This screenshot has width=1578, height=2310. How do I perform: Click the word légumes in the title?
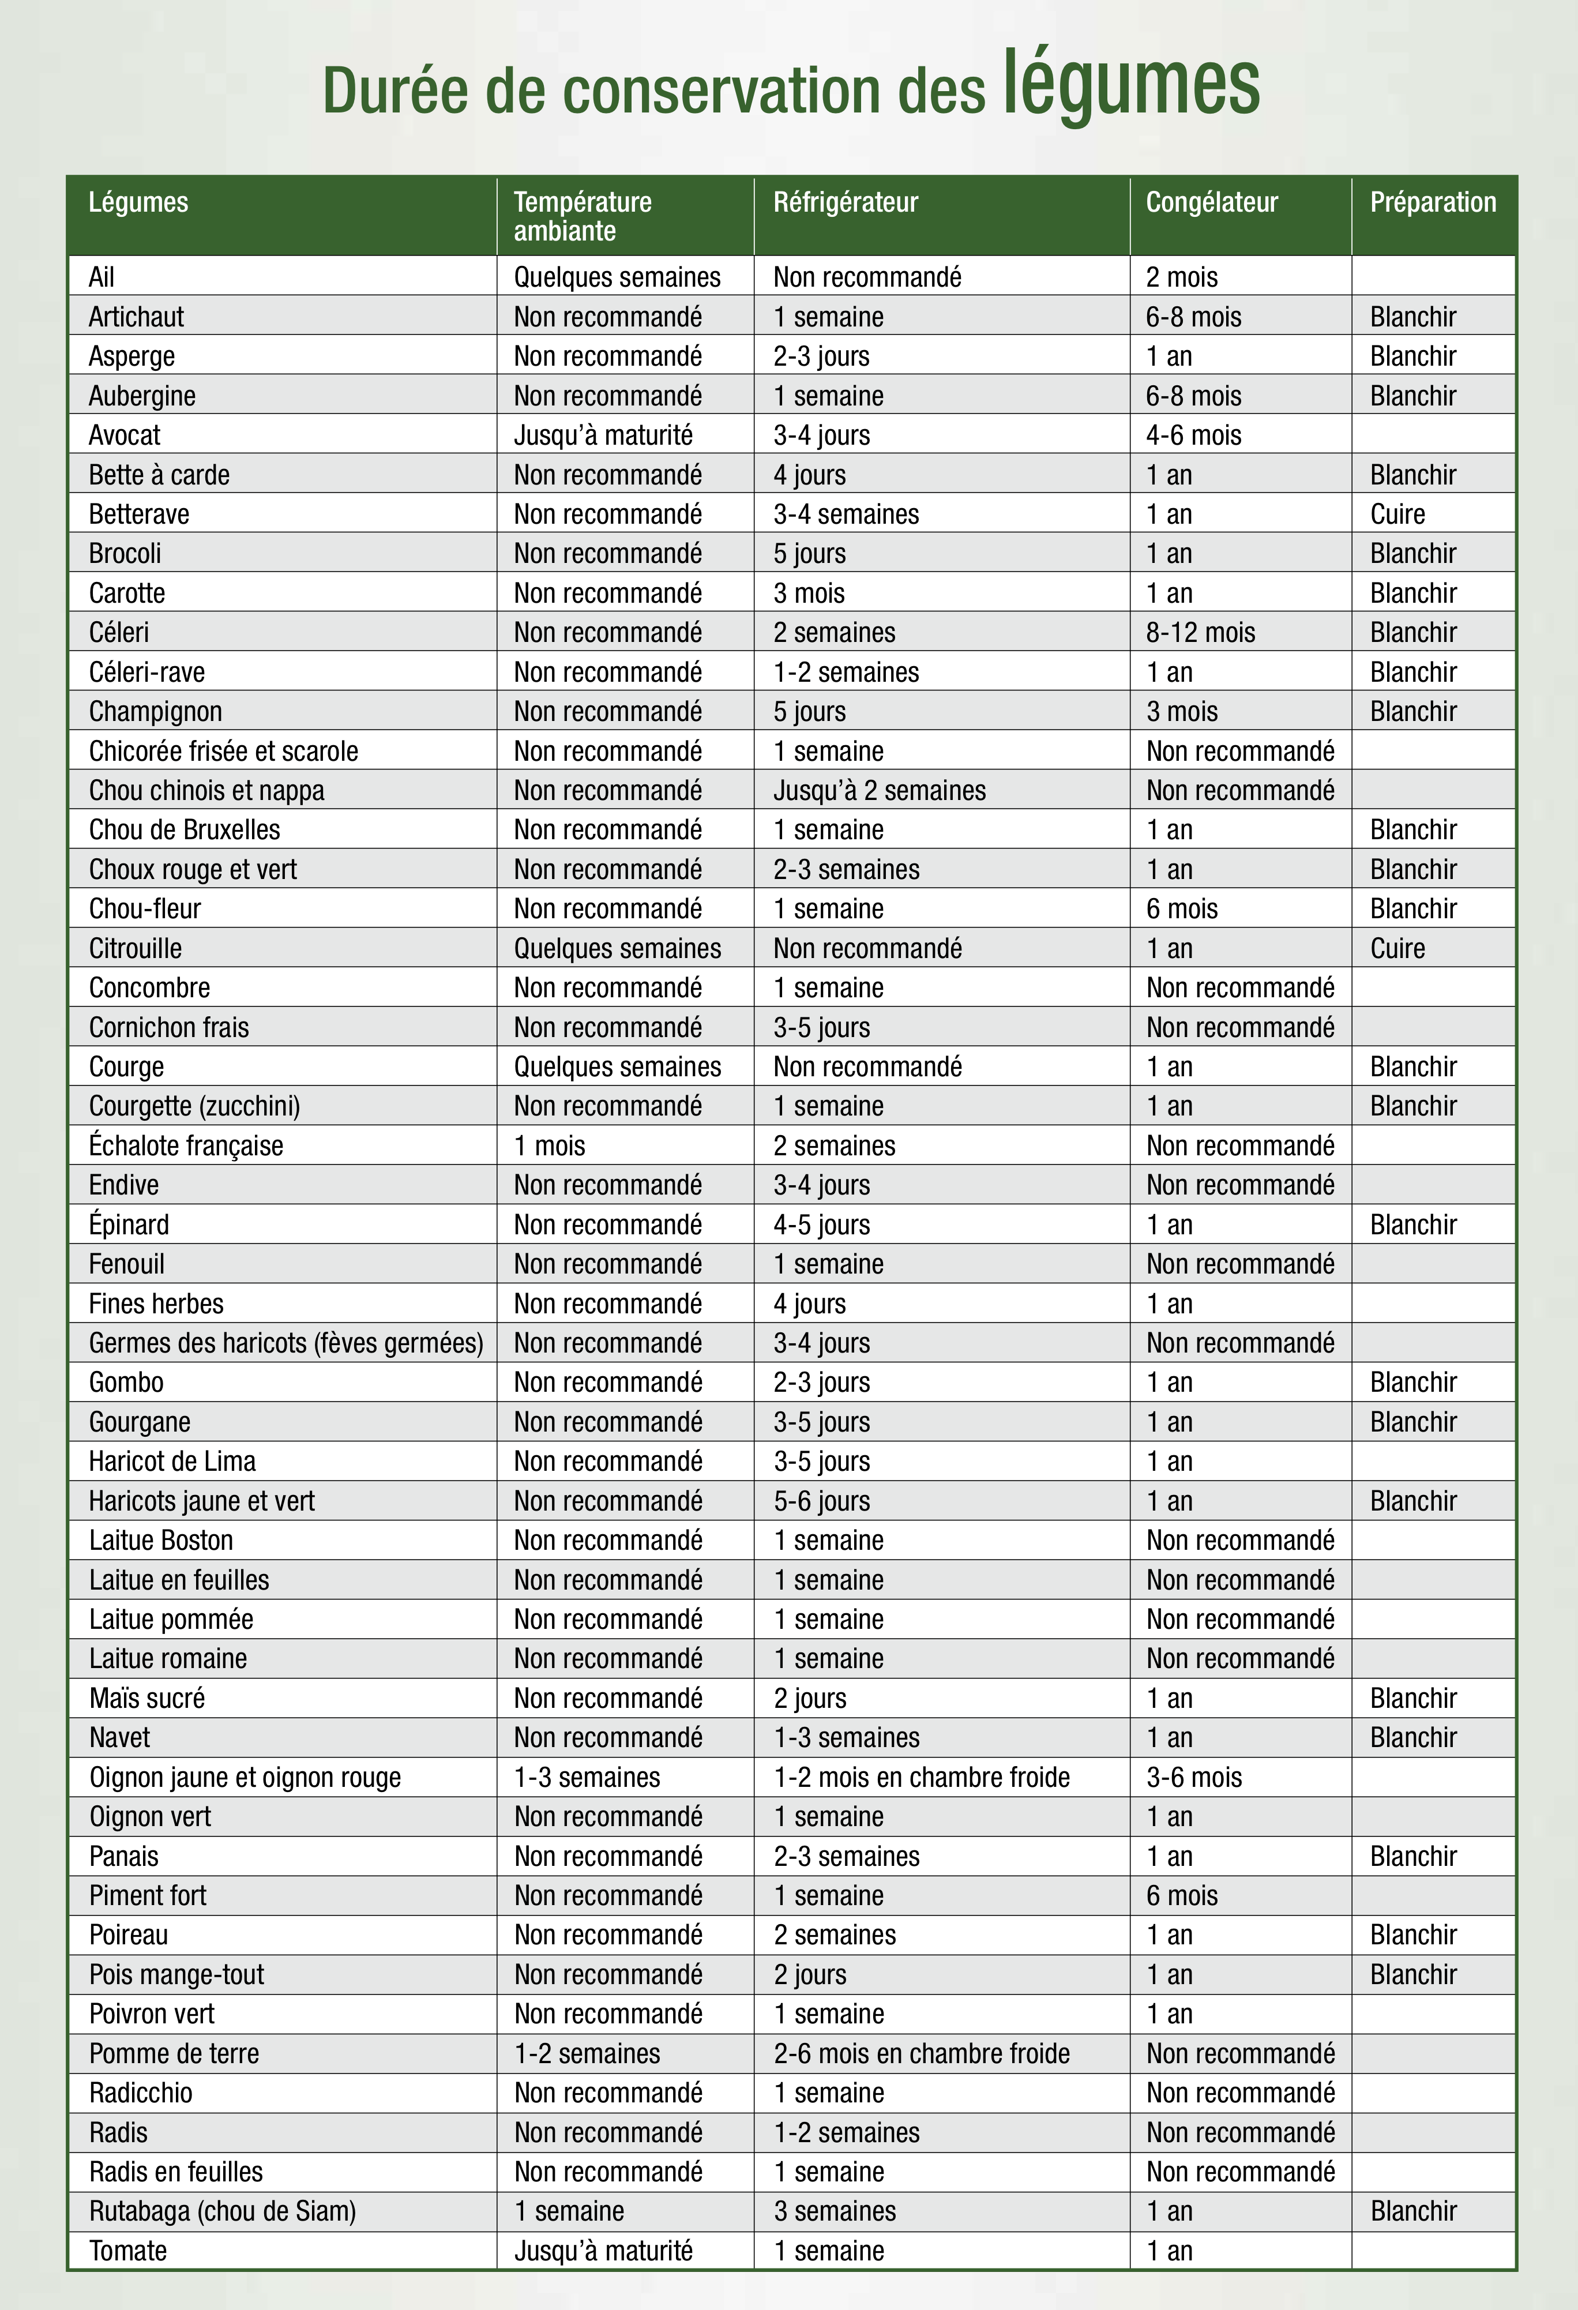1131,85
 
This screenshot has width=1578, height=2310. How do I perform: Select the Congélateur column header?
1211,203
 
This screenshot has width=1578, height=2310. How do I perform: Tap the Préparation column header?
1432,203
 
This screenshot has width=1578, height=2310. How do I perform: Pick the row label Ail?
102,277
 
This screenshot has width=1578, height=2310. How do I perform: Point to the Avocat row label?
124,435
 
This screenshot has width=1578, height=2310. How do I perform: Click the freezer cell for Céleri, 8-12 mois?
1200,632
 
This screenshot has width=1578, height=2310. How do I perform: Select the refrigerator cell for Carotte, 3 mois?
809,594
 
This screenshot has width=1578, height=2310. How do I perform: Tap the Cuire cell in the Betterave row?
1397,514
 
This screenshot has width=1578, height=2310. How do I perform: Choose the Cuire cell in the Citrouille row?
1397,948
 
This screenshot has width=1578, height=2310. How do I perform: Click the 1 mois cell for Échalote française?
550,1146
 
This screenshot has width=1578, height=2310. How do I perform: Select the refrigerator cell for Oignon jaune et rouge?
921,1777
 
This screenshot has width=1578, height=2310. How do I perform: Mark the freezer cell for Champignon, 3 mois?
1182,712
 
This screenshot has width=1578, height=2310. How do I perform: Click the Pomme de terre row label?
174,2053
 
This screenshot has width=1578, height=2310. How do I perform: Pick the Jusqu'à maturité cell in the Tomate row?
603,2251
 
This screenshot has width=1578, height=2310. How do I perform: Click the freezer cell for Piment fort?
1182,1895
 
